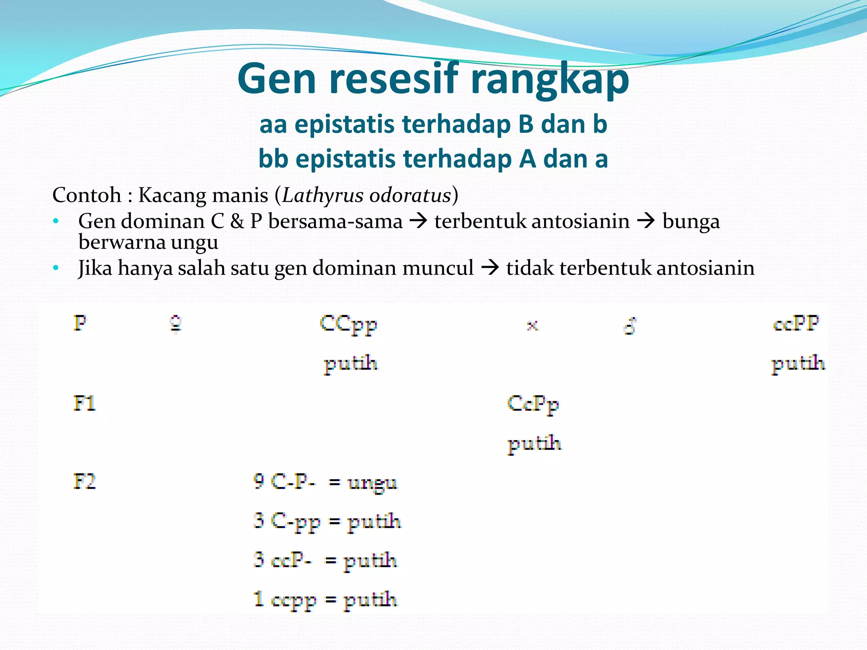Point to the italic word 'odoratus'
pos(409,196)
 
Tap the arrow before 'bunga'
pos(646,221)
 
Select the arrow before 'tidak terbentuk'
pos(490,268)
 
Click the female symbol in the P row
pos(176,325)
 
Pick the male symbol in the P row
pos(630,326)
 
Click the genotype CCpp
pos(348,325)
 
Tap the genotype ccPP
pos(796,324)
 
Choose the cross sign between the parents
pos(532,325)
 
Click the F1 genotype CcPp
pos(533,404)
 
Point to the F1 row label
pos(84,403)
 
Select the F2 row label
pos(84,482)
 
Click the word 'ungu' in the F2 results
pos(372,483)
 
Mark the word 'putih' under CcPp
pos(535,444)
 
